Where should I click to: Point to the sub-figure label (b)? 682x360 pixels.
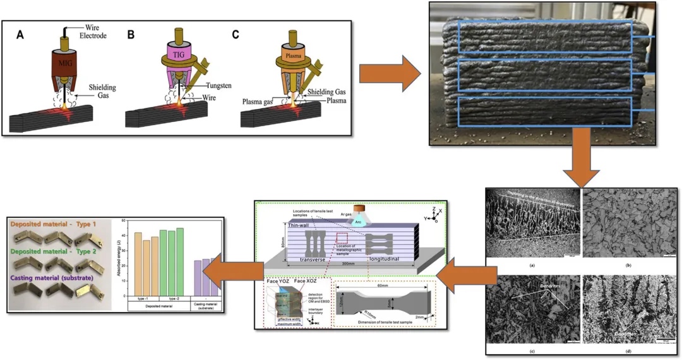(628, 266)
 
